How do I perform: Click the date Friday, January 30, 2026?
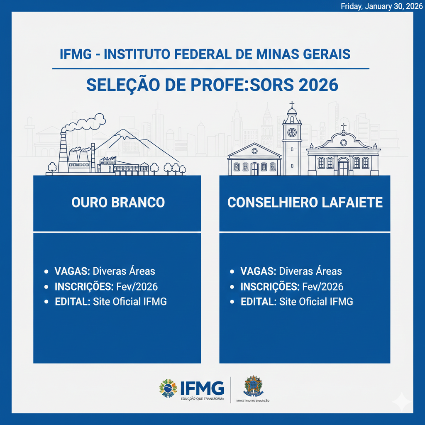pyautogui.click(x=381, y=6)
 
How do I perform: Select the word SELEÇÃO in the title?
pyautogui.click(x=123, y=85)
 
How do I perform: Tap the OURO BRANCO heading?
pyautogui.click(x=118, y=202)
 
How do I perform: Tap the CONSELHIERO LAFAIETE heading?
pyautogui.click(x=305, y=202)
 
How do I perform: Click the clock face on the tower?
pyautogui.click(x=292, y=132)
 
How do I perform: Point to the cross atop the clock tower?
pyautogui.click(x=292, y=105)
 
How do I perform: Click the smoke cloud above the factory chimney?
pyautogui.click(x=84, y=122)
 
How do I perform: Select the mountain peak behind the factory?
pyautogui.click(x=123, y=133)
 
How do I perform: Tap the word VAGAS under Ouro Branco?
pyautogui.click(x=72, y=271)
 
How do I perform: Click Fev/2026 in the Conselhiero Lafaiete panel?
pyautogui.click(x=323, y=286)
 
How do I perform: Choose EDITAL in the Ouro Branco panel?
pyautogui.click(x=72, y=301)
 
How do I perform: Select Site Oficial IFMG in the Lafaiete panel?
pyautogui.click(x=316, y=301)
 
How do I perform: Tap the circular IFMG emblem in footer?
pyautogui.click(x=168, y=388)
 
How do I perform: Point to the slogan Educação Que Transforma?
pyautogui.click(x=203, y=399)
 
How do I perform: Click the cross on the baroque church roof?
pyautogui.click(x=343, y=127)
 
